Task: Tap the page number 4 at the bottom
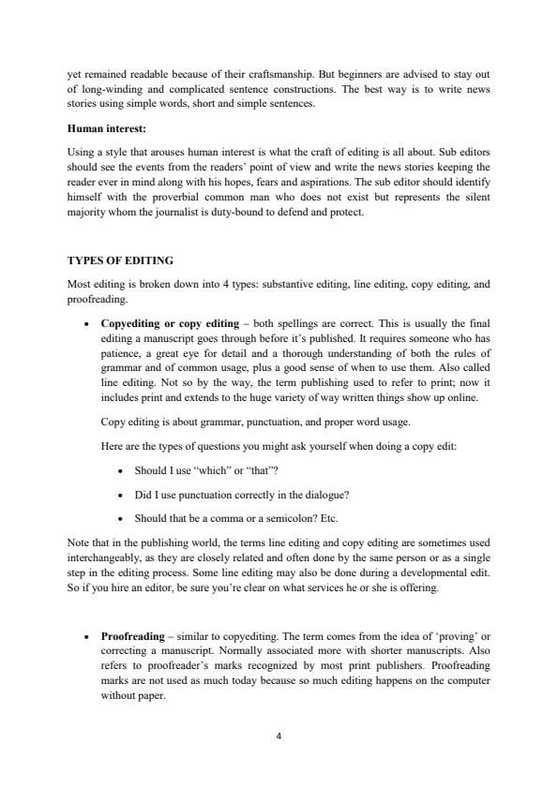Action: pos(279,736)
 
